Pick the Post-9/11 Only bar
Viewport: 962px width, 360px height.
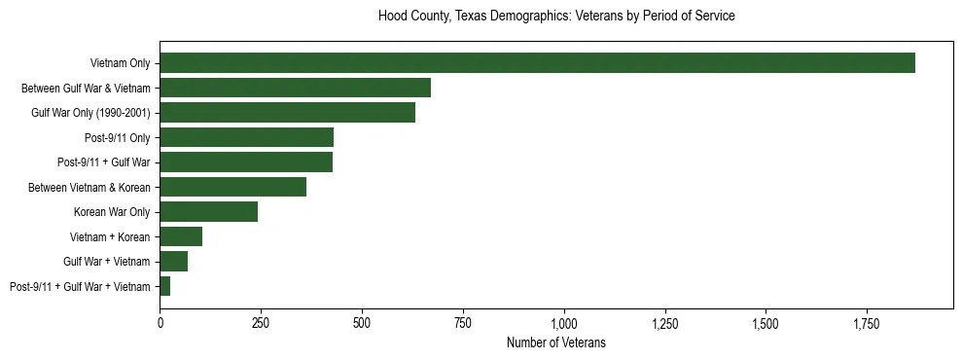246,137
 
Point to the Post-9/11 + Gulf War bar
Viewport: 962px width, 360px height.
246,162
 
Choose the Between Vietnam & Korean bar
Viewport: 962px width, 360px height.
232,187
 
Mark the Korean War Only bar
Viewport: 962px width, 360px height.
208,212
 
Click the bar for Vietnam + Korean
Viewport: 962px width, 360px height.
181,236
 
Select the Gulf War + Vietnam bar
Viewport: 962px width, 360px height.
173,262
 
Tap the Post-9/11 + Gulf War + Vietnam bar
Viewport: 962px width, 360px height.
165,286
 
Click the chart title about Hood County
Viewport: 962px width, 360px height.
555,17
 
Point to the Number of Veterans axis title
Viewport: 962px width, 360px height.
555,342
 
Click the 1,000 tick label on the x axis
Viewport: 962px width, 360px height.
564,322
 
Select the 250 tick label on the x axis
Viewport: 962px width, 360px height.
261,322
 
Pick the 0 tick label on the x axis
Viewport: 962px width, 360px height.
160,322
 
